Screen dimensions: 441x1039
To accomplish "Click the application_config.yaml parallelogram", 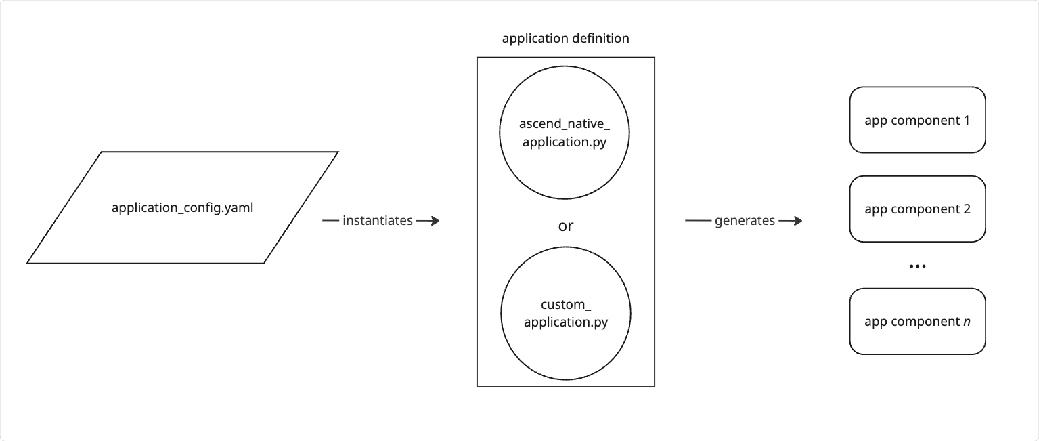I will pyautogui.click(x=182, y=207).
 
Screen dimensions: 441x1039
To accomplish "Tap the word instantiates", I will pyautogui.click(x=378, y=221).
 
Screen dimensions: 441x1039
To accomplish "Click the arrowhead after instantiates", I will pyautogui.click(x=434, y=221).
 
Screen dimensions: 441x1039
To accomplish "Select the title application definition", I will pyautogui.click(x=565, y=39).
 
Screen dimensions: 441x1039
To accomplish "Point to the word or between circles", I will pyautogui.click(x=565, y=226).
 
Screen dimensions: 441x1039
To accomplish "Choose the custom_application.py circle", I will pyautogui.click(x=565, y=314).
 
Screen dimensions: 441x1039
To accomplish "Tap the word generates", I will pyautogui.click(x=745, y=221).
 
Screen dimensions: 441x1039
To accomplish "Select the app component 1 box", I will pyautogui.click(x=917, y=120).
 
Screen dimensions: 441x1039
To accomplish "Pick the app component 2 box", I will pyautogui.click(x=917, y=209).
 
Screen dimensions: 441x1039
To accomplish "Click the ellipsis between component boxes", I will pyautogui.click(x=917, y=266).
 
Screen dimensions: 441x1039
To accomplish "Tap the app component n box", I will pyautogui.click(x=917, y=321).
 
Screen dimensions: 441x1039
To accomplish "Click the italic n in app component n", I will pyautogui.click(x=966, y=322).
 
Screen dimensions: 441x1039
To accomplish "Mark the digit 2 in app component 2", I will pyautogui.click(x=967, y=209).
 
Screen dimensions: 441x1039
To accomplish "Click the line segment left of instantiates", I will pyautogui.click(x=330, y=221).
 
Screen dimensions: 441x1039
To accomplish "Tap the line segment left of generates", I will pyautogui.click(x=697, y=221).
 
